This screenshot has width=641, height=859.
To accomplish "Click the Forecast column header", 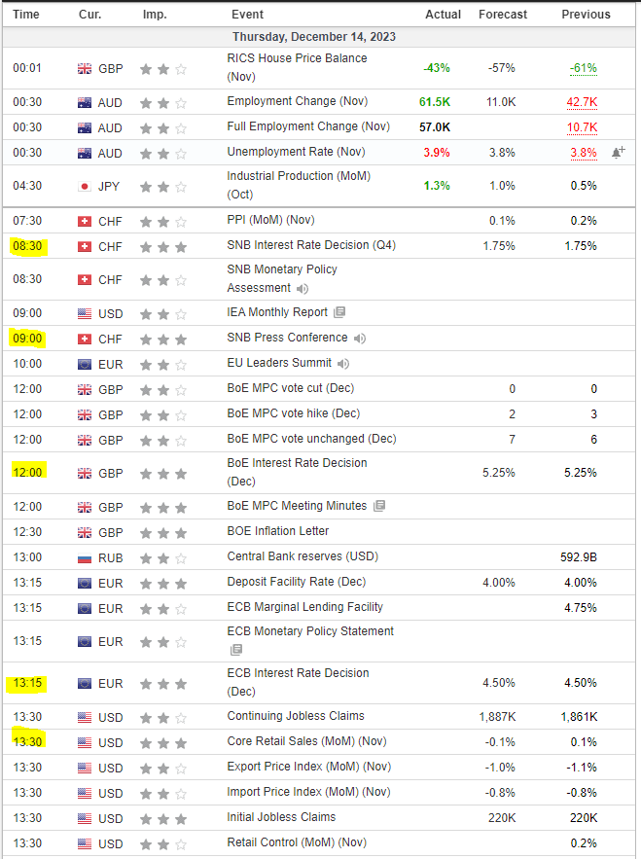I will [503, 15].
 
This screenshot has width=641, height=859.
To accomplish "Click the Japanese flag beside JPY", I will [84, 186].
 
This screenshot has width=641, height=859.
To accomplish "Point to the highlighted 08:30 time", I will [26, 246].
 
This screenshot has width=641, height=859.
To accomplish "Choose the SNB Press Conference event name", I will [287, 338].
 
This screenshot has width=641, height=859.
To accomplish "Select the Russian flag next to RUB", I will [84, 557].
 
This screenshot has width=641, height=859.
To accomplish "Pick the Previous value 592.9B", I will [579, 557].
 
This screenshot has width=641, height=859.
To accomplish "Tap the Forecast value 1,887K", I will [496, 717].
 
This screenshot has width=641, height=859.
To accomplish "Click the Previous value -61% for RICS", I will [583, 68].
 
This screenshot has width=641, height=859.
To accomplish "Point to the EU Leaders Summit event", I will [279, 363].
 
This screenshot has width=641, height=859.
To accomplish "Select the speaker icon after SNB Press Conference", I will [361, 339].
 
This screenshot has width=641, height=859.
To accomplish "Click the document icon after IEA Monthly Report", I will [339, 313].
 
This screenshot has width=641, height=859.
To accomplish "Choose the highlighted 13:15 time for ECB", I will [26, 683].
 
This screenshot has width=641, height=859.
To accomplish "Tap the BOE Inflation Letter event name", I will [277, 531].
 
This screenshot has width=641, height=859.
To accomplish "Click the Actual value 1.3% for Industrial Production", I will [437, 186].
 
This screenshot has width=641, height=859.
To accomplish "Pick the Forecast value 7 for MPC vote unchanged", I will [512, 439].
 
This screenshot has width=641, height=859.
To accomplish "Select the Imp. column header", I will [154, 15].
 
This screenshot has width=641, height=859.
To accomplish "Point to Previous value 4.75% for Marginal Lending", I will [580, 607].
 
